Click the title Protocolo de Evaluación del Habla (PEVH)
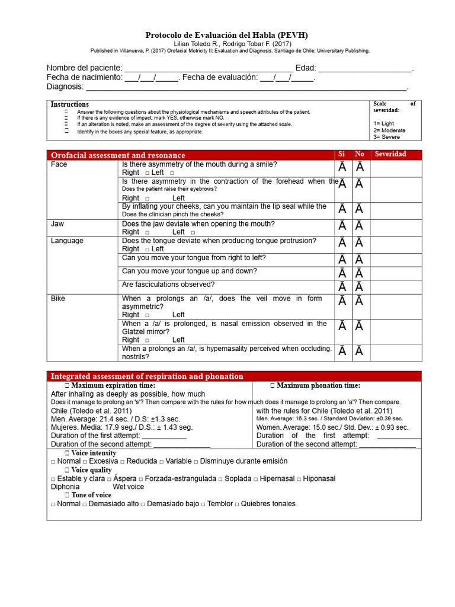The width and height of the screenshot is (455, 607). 227,35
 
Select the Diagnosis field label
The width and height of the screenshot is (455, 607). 65,87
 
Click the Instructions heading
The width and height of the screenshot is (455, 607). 70,104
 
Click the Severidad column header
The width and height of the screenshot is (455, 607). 390,154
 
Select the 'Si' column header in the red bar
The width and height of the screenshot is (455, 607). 342,154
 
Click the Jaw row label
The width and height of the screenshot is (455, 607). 57,224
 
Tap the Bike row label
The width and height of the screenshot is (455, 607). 58,299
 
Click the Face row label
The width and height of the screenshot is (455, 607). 59,164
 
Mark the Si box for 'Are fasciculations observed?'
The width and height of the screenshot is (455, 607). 343,287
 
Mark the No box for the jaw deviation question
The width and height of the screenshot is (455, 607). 360,226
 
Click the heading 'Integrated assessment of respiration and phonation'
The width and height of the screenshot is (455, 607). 147,376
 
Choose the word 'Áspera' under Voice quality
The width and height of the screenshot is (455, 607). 124,478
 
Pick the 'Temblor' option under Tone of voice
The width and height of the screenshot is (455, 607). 220,504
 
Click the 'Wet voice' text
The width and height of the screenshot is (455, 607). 129,487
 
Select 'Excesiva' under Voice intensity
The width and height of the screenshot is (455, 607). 103,461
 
